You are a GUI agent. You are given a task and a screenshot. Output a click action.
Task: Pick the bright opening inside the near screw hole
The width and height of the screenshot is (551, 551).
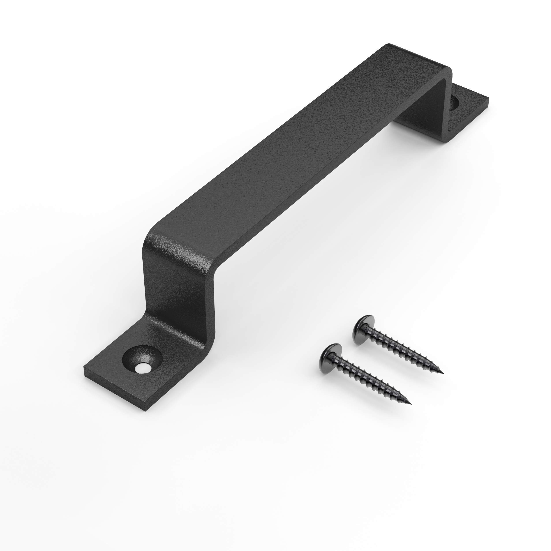[142, 369]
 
